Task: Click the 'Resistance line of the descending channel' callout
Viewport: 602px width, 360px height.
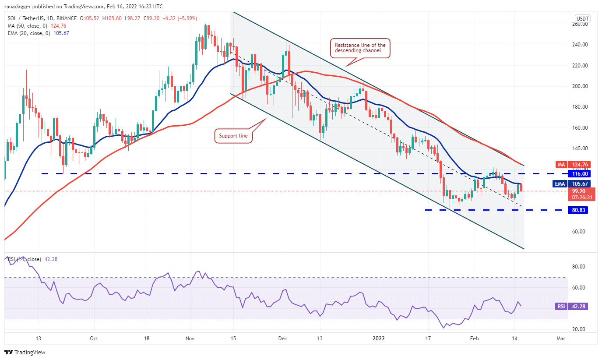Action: coord(360,48)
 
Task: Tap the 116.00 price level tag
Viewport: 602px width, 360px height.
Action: coord(577,174)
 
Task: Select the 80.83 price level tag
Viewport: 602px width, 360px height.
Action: coord(577,210)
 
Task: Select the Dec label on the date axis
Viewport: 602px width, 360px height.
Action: coord(282,338)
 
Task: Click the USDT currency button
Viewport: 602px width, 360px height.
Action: coord(583,19)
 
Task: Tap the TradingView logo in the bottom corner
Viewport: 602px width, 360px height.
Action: coord(25,352)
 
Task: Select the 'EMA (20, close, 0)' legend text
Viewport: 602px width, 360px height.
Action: coord(28,33)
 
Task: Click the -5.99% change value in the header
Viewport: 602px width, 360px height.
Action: coord(187,18)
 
